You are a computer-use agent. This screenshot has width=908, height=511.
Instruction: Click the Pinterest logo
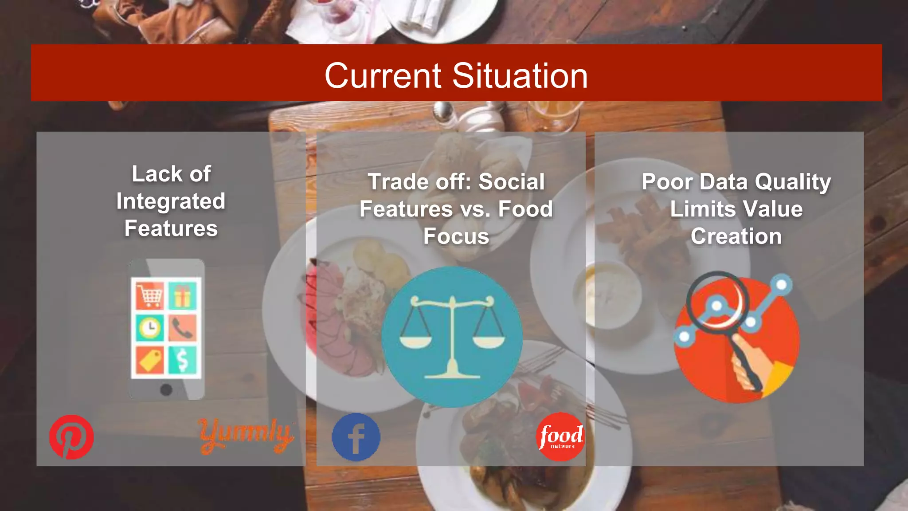(71, 437)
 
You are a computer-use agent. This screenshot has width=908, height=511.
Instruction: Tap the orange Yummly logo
(245, 435)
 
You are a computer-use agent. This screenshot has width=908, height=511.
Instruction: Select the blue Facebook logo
(356, 437)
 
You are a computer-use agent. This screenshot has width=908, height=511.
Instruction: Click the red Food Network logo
(560, 437)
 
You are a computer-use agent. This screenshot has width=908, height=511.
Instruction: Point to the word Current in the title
(383, 76)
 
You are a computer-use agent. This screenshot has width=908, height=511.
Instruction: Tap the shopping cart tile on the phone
(150, 295)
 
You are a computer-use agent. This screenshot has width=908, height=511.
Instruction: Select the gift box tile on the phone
(182, 295)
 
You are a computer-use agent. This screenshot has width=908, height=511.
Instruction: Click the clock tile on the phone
(150, 328)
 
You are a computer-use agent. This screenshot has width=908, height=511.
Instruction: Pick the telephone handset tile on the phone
(182, 328)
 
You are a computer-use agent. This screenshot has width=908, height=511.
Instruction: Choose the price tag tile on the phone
(150, 360)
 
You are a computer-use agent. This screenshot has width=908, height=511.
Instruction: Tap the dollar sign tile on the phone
(182, 360)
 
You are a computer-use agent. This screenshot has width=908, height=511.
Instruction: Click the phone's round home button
(166, 390)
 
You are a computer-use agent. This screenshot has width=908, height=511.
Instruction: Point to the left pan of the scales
(415, 342)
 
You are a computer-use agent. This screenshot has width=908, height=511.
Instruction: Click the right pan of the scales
(489, 342)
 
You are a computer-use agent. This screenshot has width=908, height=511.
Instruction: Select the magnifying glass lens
(717, 301)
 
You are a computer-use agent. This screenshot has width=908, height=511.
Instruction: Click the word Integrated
(171, 201)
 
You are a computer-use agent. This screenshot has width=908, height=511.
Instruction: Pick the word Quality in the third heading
(793, 182)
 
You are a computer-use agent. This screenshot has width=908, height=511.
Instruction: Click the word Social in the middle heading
(512, 182)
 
